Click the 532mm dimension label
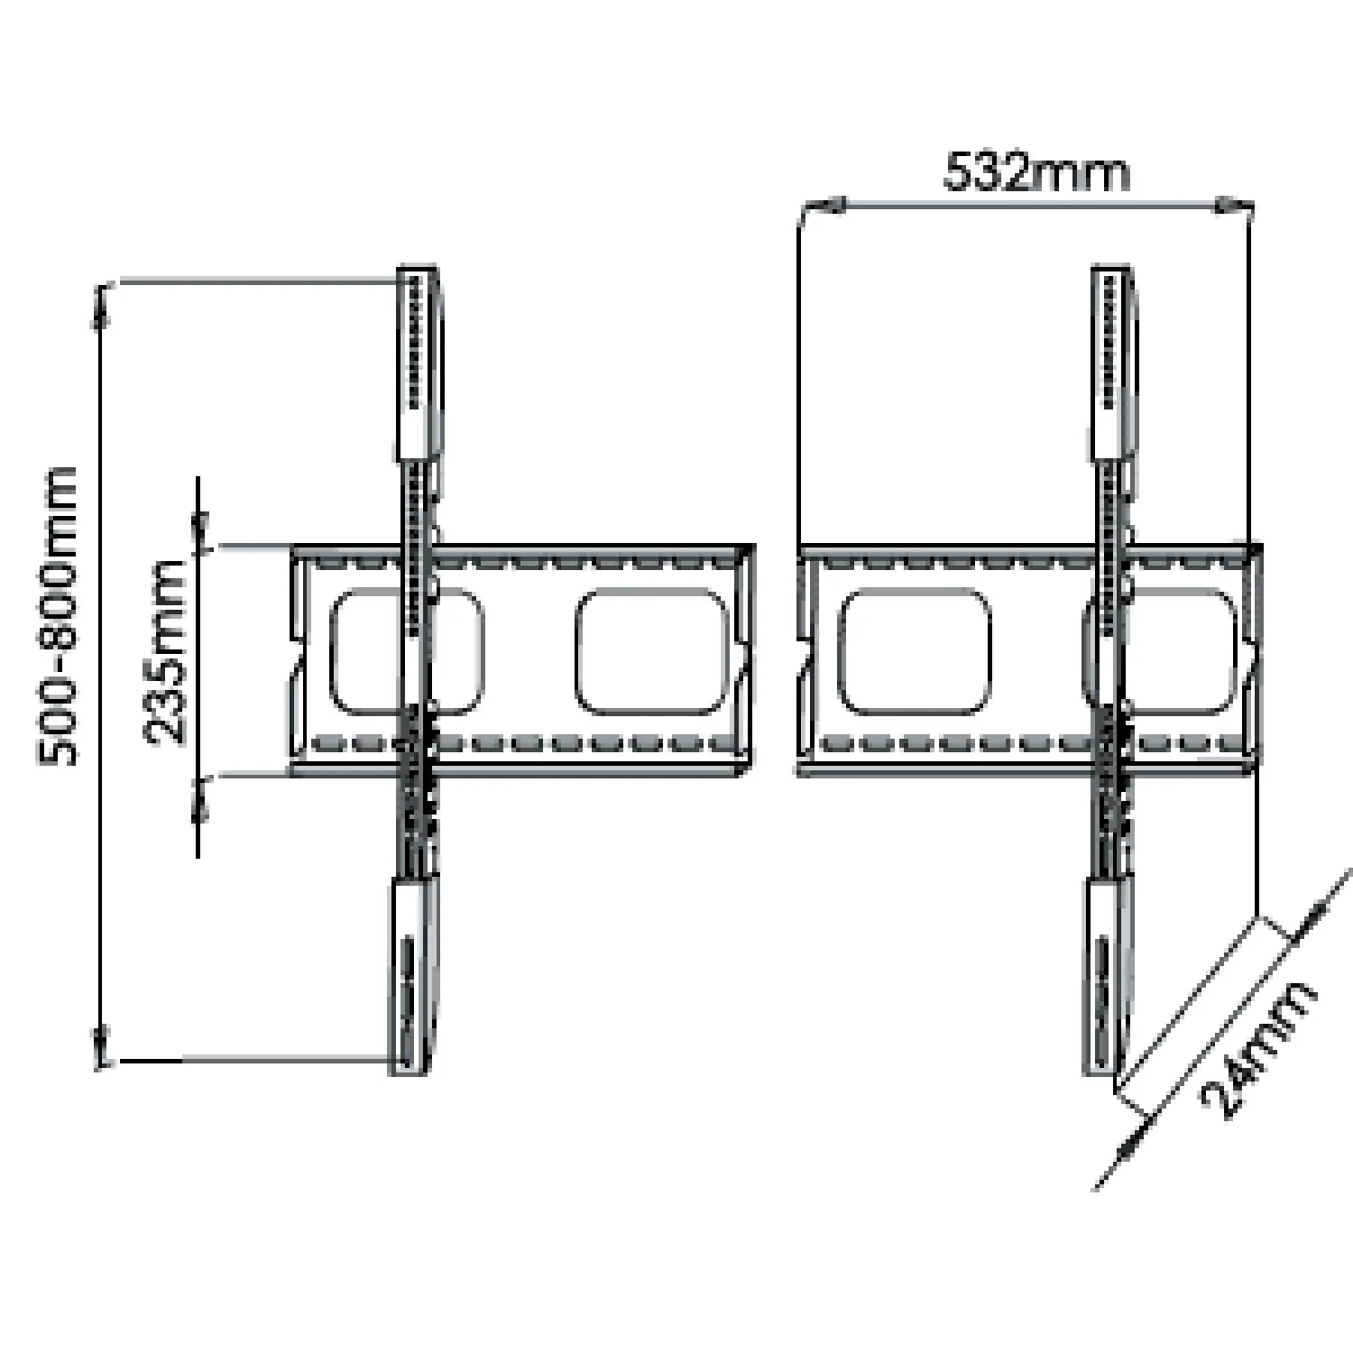[x=1036, y=172]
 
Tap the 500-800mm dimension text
[x=58, y=617]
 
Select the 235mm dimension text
[x=165, y=652]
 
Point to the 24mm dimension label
[x=1258, y=1051]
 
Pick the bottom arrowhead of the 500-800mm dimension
[x=102, y=1046]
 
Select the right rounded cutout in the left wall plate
[x=652, y=652]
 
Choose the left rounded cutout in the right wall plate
[x=915, y=652]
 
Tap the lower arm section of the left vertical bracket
[x=412, y=976]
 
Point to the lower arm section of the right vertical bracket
[x=1107, y=976]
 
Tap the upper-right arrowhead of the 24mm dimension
[x=1312, y=915]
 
